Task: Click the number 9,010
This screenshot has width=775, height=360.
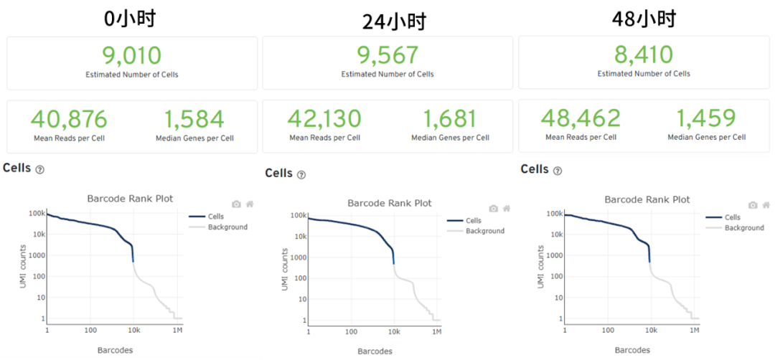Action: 132,55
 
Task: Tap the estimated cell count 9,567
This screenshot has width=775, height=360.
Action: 387,55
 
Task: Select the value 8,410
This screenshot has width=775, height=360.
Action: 644,55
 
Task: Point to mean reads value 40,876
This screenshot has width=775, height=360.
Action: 69,118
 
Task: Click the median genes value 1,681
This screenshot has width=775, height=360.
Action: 450,118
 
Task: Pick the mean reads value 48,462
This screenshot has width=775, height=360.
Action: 581,118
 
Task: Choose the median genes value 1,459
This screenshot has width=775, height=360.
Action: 706,118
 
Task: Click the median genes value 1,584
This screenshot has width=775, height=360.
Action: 194,118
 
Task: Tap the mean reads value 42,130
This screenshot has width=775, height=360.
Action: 324,118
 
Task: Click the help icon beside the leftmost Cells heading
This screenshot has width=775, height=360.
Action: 40,170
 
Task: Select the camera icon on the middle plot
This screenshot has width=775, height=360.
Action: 493,209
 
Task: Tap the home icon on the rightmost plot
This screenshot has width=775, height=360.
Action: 765,205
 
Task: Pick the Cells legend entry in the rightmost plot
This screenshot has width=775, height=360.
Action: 732,217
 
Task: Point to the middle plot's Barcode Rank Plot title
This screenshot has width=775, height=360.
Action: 390,203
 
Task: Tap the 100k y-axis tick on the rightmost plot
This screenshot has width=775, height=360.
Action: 553,214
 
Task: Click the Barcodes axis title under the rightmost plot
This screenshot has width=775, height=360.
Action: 632,350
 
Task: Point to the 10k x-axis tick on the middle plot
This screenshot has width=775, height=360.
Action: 394,333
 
